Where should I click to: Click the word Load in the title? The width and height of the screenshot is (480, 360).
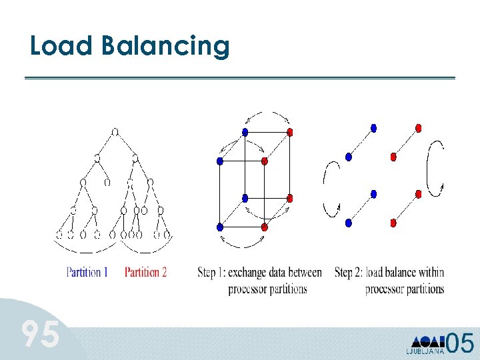point(61,46)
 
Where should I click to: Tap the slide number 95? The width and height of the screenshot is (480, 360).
point(40,335)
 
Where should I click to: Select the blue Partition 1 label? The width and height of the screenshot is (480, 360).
point(87,272)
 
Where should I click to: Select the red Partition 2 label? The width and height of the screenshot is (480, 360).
point(145,272)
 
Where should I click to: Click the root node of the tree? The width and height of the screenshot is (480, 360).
point(115,132)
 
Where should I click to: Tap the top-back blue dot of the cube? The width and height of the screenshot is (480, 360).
point(245,132)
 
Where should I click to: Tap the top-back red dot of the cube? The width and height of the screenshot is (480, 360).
point(289,132)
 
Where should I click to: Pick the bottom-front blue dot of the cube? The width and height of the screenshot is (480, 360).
point(220,227)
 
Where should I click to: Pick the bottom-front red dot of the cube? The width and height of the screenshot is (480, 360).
point(264,227)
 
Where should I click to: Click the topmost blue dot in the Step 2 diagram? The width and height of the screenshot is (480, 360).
point(373,127)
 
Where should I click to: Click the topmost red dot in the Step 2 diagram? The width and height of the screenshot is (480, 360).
point(418,127)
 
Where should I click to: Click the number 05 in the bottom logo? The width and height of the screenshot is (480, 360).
point(460,343)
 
